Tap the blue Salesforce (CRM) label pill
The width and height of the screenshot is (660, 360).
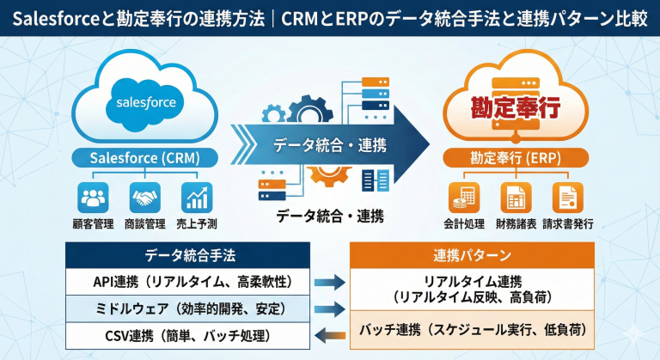(x=144, y=158)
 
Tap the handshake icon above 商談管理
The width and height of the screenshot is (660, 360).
(x=144, y=198)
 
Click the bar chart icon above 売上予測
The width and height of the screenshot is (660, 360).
(x=197, y=198)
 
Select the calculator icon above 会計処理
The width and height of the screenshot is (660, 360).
(x=464, y=198)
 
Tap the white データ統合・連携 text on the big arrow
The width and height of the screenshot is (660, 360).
(x=329, y=144)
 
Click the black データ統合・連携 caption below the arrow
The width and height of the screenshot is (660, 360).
(x=329, y=215)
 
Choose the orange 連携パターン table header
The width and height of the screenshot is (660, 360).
(x=472, y=255)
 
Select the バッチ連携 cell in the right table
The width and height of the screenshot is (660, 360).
(x=472, y=329)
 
